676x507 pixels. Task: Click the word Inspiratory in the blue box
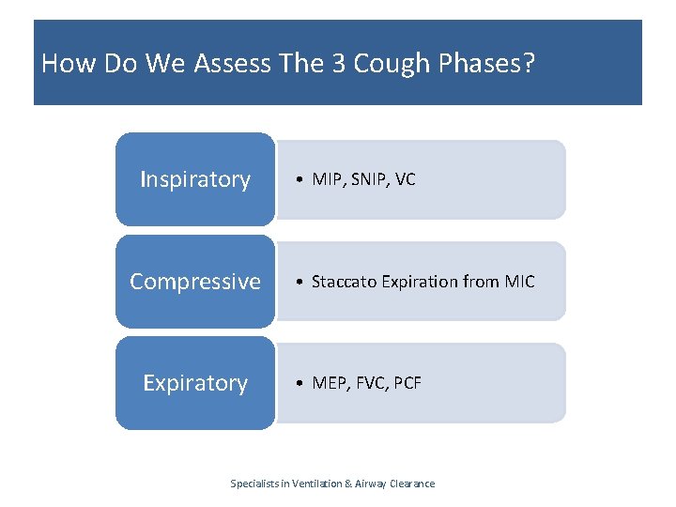click(x=195, y=179)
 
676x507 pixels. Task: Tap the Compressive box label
click(x=195, y=281)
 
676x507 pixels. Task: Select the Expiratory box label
click(x=195, y=383)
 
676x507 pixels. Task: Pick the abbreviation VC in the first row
click(x=406, y=179)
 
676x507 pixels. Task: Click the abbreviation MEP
click(x=328, y=383)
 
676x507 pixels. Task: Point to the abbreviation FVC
click(x=370, y=383)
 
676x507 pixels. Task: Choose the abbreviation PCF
click(x=407, y=383)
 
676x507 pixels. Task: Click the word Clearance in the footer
click(x=410, y=484)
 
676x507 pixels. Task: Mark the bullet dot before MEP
click(x=299, y=383)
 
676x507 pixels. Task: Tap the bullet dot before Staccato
click(x=299, y=282)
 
